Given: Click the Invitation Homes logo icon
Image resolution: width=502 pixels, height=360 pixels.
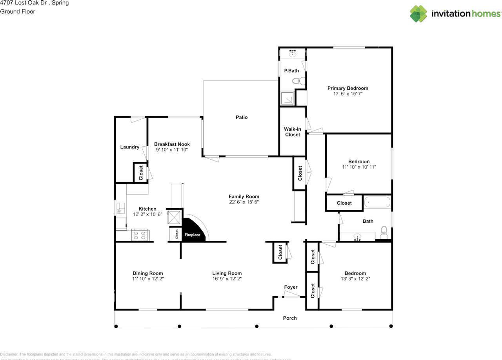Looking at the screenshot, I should (418, 14).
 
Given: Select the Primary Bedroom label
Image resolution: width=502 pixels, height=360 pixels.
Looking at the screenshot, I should (347, 88).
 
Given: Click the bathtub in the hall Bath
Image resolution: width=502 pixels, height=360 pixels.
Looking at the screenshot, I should (377, 203).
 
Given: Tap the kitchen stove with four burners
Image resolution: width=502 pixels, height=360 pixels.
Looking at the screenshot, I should (140, 235).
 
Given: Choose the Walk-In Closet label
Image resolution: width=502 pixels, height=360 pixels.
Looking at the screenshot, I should (292, 132).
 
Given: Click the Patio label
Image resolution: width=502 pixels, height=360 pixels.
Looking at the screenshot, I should (242, 117).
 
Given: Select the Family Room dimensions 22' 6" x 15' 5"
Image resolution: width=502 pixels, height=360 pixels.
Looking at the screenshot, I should (244, 202).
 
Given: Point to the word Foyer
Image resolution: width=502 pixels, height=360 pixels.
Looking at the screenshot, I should (291, 287).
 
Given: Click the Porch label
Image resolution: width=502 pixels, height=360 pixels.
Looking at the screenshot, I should (290, 318).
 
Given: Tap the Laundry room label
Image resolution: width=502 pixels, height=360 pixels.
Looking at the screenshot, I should (129, 147).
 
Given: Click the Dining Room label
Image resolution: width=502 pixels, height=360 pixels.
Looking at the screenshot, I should (147, 273).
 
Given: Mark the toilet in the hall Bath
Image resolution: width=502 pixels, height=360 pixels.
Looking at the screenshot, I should (384, 232).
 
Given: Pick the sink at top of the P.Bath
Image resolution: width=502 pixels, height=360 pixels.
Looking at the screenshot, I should (292, 54).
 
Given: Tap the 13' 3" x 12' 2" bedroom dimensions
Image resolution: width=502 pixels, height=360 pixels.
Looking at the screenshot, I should (355, 278).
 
